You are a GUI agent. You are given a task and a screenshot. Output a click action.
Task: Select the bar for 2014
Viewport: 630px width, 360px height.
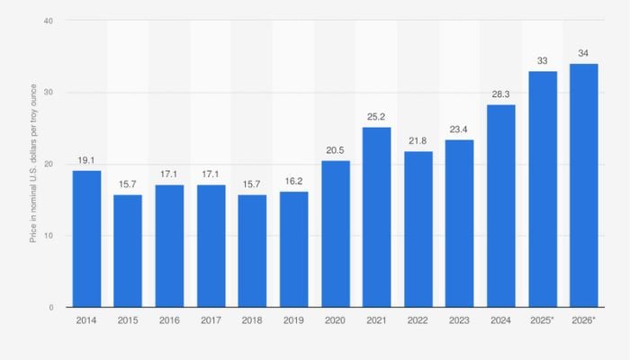(x=86, y=238)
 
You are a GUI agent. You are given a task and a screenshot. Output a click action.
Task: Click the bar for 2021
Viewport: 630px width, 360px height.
(x=377, y=217)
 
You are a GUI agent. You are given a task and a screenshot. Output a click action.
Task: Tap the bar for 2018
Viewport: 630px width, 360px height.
(x=253, y=251)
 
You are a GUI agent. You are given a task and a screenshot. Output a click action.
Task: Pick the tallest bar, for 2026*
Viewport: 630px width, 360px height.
(x=583, y=185)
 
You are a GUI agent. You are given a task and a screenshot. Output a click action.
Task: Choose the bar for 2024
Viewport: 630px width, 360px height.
(x=501, y=206)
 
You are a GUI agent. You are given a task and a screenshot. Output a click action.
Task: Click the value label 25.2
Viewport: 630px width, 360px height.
(x=377, y=117)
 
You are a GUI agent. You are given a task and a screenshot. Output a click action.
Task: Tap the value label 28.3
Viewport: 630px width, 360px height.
(x=501, y=94)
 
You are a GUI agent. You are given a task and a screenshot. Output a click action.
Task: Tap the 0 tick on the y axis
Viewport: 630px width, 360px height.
(x=50, y=308)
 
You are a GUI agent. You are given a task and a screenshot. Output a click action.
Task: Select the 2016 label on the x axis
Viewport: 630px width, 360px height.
(x=169, y=320)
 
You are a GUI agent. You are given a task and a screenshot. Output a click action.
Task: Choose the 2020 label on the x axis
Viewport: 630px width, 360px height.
(x=336, y=320)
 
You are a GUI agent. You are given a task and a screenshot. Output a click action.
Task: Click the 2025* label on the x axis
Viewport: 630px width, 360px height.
(x=543, y=320)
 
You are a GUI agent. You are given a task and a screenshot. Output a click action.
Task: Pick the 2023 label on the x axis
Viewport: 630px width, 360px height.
(x=460, y=320)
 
